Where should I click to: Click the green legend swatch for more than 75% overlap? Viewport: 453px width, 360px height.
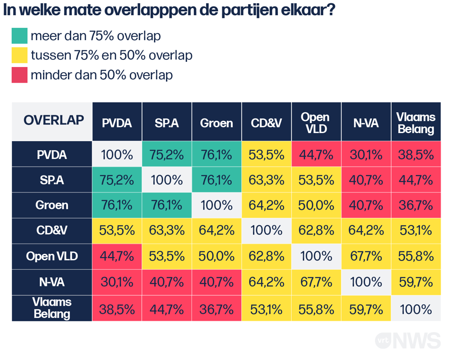point(19,36)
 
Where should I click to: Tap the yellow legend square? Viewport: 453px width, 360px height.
point(19,55)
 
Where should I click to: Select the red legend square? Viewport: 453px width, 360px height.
point(19,75)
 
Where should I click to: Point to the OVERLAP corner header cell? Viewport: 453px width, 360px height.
point(52,121)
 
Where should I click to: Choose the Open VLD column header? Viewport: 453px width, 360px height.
point(315,123)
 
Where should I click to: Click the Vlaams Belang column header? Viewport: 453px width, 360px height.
point(416,123)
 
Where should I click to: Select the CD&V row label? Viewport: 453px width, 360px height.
point(52,231)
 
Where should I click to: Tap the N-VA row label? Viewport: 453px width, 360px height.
point(52,282)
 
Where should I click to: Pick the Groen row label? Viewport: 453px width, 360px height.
point(52,205)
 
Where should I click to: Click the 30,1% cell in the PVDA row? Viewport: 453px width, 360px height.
point(366,154)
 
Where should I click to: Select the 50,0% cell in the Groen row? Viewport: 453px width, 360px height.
point(315,205)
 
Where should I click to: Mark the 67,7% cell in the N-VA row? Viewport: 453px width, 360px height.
point(315,282)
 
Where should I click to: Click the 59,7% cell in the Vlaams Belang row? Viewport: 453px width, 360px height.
point(366,309)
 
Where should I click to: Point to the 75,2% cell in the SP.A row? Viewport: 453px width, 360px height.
point(117,180)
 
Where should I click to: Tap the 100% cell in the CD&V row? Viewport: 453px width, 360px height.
point(266,231)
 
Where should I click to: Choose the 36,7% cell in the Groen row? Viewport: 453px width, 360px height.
point(416,205)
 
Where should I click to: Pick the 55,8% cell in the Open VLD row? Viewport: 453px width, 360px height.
point(416,256)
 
